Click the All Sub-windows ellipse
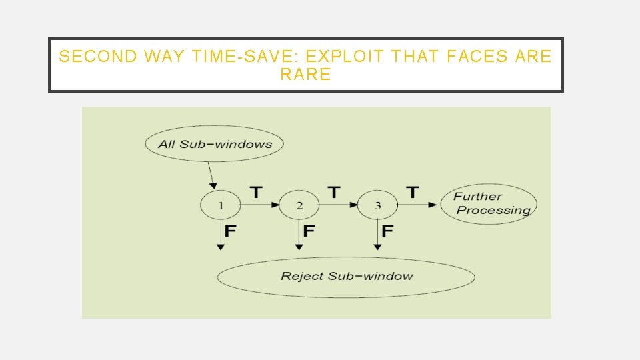(215, 144)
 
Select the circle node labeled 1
(221, 205)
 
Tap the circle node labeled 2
(299, 205)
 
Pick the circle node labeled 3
(377, 205)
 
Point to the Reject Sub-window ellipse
(346, 277)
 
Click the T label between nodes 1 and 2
(255, 193)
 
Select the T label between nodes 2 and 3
(334, 193)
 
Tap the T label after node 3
(413, 193)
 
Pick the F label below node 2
(309, 231)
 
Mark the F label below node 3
(387, 231)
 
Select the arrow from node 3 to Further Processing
(418, 205)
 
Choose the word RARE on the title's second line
(305, 75)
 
